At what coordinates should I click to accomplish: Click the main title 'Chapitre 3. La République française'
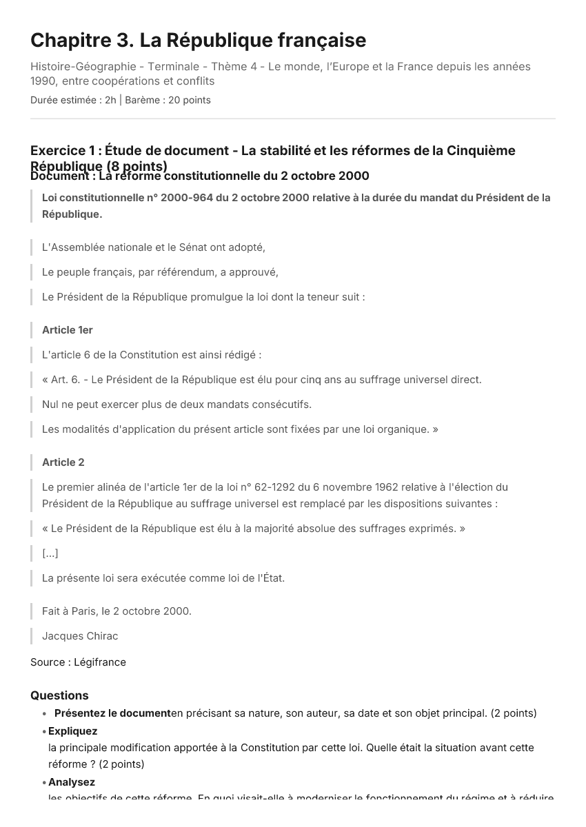coord(198,41)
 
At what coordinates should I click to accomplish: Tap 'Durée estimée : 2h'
coord(73,100)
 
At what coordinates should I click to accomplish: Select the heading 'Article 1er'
coord(68,330)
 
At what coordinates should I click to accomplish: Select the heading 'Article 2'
coord(63,462)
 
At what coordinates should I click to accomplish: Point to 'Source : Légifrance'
coord(78,662)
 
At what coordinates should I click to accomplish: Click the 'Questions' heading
coord(59,695)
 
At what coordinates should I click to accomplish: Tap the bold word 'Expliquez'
coord(72,731)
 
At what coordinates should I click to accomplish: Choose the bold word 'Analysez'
coord(72,782)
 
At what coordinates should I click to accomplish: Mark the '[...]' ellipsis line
coord(50,553)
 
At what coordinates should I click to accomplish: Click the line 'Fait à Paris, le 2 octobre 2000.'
coord(117,611)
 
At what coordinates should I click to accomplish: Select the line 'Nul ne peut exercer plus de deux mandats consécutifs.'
coord(176,405)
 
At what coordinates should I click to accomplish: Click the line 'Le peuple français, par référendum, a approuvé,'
coord(160,272)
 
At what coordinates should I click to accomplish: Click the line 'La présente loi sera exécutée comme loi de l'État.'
coord(163,578)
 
